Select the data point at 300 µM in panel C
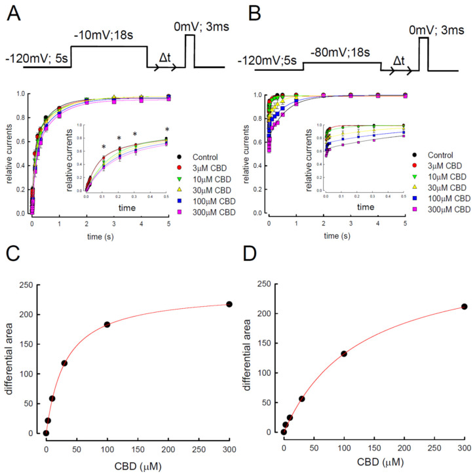229,304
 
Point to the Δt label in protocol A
166,59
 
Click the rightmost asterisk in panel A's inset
167,129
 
